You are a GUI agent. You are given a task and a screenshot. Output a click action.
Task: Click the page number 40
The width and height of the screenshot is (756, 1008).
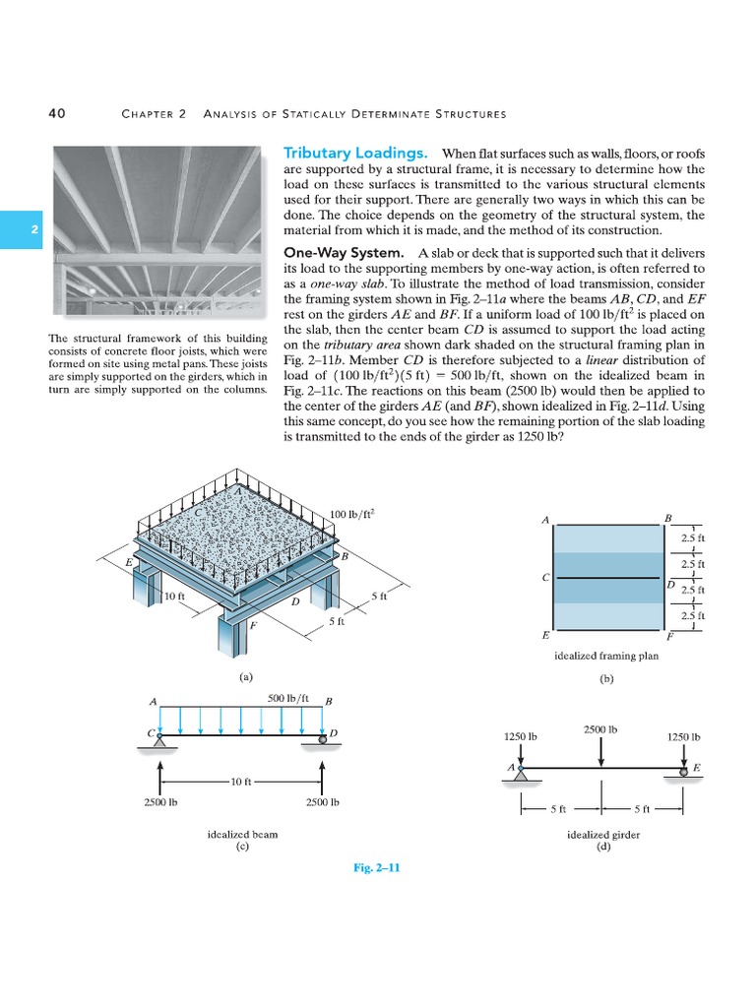(x=57, y=113)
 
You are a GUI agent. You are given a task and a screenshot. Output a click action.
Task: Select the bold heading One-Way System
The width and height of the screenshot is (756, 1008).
(x=344, y=253)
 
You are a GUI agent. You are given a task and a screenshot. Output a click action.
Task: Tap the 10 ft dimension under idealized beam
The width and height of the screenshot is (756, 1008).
(x=241, y=782)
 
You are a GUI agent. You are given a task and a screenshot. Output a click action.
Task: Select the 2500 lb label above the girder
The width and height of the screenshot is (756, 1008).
(x=600, y=729)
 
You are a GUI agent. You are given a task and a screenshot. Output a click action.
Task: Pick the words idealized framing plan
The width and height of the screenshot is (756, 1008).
(x=605, y=656)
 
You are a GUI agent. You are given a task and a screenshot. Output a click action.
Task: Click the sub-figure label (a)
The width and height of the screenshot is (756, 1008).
(x=246, y=677)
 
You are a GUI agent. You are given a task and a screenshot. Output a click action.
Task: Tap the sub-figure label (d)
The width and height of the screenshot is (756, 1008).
(x=604, y=847)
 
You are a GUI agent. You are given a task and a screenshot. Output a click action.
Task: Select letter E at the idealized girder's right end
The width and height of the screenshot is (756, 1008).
(x=697, y=767)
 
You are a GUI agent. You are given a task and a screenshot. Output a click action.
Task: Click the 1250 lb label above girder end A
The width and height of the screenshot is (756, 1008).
(x=521, y=736)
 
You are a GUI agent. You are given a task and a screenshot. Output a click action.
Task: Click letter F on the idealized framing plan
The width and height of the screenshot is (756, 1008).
(x=669, y=636)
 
